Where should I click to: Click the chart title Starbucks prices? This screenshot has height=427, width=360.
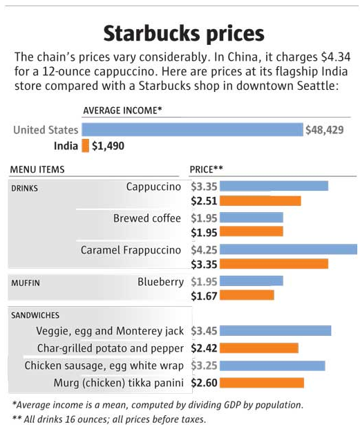[x=184, y=33]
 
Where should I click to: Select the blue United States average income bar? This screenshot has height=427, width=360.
[x=192, y=129]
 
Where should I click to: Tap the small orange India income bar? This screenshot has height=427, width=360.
[x=86, y=145]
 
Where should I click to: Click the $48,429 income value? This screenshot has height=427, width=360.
[x=324, y=130]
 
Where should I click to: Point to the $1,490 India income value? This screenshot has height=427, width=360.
[x=108, y=146]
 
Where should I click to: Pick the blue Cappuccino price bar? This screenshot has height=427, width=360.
[x=274, y=186]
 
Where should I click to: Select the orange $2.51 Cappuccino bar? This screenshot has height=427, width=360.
[x=260, y=201]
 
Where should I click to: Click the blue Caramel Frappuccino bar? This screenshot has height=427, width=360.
[x=288, y=249]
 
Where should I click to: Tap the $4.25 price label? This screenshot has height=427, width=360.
[x=204, y=250]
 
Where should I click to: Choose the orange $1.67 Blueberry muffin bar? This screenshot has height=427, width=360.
[x=247, y=295]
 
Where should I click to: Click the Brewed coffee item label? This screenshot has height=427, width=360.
[x=147, y=218]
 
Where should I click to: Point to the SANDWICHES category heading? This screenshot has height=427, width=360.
[x=35, y=315]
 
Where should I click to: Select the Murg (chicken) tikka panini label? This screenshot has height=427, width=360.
[x=118, y=383]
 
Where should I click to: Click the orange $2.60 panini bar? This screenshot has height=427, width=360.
[x=262, y=383]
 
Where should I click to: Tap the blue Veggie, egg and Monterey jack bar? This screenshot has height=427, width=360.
[x=276, y=330]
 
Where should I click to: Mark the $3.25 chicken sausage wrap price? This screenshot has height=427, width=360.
[x=204, y=366]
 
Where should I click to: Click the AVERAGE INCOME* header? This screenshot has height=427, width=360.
[x=122, y=111]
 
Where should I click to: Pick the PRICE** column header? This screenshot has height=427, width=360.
[x=206, y=169]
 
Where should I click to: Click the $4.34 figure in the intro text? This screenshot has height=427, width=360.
[x=336, y=57]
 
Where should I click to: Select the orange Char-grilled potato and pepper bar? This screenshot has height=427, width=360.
[x=259, y=348]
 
